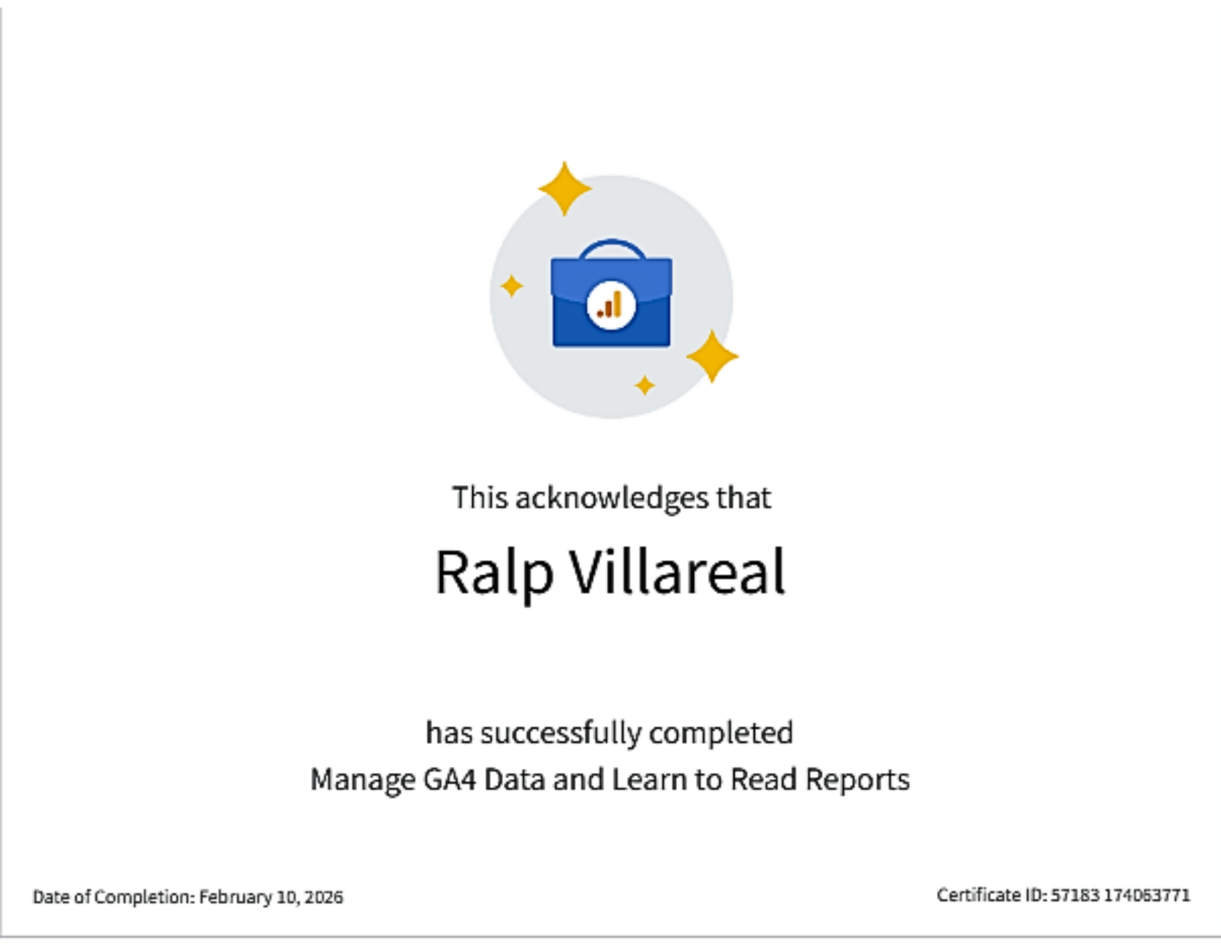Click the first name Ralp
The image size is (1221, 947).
tap(494, 572)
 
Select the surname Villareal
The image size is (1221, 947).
tap(677, 571)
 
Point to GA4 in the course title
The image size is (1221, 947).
tap(449, 780)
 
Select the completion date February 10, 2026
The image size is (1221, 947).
tap(271, 897)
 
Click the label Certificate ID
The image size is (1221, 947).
tap(990, 895)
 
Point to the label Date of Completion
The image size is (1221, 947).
tap(112, 897)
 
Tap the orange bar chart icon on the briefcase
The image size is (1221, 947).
tap(610, 305)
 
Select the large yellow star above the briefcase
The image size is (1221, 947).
tap(565, 188)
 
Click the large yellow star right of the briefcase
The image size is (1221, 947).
tap(712, 356)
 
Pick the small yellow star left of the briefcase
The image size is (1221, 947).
tap(512, 285)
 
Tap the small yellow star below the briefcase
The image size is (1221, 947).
tap(645, 386)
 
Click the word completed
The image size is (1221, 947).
tap(721, 734)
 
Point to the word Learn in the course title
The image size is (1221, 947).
tap(650, 780)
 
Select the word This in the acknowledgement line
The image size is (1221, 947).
tap(480, 498)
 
